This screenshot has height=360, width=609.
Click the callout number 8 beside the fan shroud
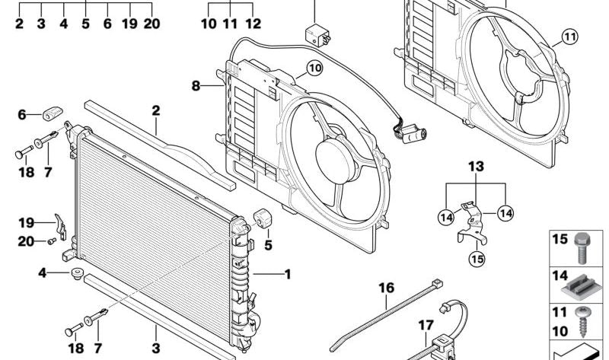(196, 86)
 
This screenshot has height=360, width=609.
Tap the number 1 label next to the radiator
(287, 273)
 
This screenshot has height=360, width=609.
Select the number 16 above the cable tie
(387, 288)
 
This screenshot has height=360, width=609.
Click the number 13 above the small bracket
(475, 166)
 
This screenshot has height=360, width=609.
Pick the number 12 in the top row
(253, 24)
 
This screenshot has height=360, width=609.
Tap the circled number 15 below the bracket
(477, 258)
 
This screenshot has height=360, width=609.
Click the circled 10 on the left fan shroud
(315, 69)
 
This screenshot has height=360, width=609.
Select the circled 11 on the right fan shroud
(570, 35)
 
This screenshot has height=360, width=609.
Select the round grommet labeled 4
(76, 272)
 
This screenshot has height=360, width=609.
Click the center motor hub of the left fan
(334, 156)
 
